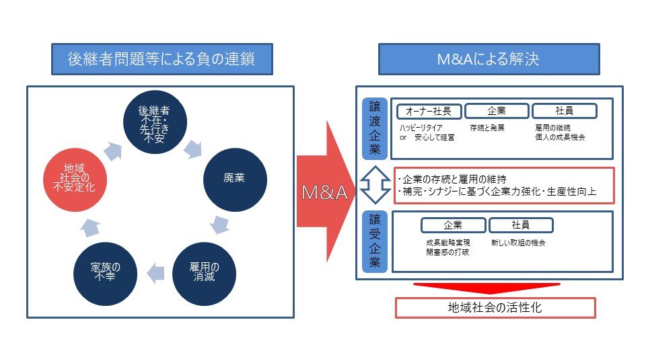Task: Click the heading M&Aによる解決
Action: pos(489,59)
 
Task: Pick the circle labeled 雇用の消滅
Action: pos(205,272)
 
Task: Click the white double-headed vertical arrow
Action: pos(371,184)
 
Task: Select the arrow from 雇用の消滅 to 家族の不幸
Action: pos(155,272)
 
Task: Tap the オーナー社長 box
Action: pos(428,112)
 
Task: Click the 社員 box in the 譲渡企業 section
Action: pos(564,112)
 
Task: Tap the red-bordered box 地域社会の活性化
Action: pos(495,308)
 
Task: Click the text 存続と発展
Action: pos(487,127)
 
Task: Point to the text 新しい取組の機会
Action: pos(518,242)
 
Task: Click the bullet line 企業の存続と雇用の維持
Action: pos(454,179)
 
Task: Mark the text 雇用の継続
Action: pos(552,127)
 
